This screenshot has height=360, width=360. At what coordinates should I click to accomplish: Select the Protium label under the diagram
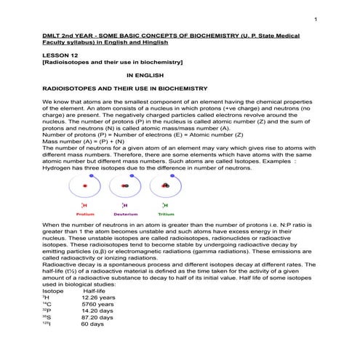(x=86, y=215)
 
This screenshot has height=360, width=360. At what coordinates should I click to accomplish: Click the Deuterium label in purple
(x=125, y=215)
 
